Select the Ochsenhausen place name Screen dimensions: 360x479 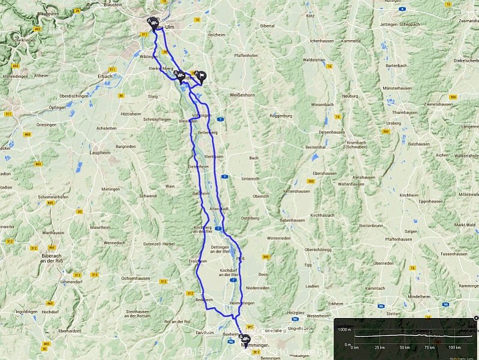click(134, 278)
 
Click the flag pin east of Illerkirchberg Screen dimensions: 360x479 click(202, 76)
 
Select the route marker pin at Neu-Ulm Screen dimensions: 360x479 click(154, 23)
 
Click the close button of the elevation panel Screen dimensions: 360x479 click(475, 317)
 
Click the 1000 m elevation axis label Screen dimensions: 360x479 click(343, 329)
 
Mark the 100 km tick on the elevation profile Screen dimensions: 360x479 click(454, 347)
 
